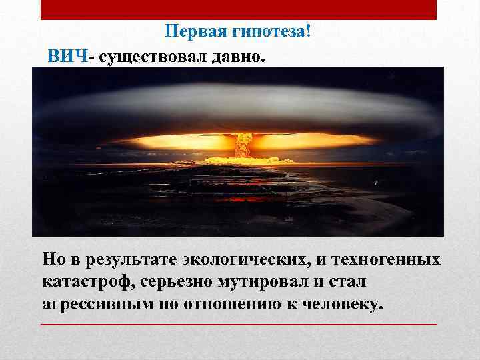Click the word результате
(x=127, y=259)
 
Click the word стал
(x=349, y=281)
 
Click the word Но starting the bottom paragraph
(x=53, y=259)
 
